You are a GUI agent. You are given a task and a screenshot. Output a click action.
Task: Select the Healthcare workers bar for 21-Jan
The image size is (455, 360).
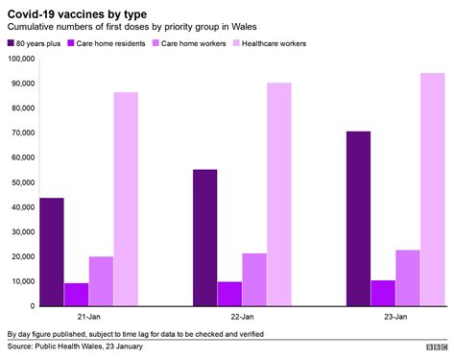point(126,199)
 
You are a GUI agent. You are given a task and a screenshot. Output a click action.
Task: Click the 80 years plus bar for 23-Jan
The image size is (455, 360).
point(358,219)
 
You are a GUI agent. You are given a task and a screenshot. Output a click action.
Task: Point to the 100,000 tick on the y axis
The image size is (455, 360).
point(19,59)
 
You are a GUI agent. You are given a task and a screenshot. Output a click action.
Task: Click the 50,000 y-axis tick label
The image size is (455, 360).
point(21,182)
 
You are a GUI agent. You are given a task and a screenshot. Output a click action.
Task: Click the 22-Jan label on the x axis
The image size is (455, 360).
point(242,316)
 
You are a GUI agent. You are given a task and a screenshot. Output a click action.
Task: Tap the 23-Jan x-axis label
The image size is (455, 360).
point(395,316)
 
